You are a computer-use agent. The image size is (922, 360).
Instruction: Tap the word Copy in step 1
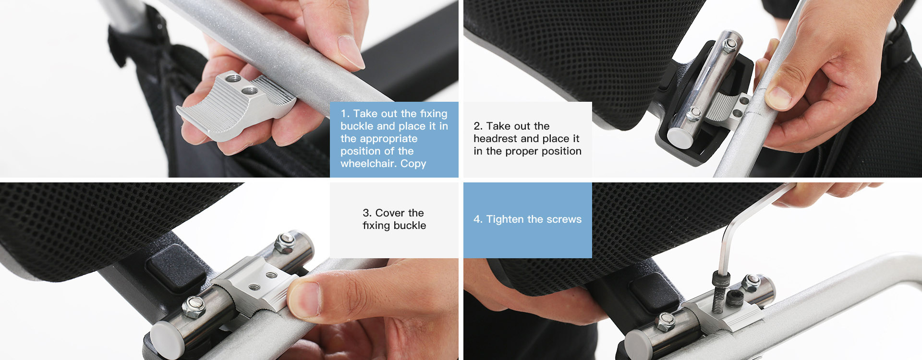[x=413, y=164]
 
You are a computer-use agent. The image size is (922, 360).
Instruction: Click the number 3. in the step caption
[x=367, y=213]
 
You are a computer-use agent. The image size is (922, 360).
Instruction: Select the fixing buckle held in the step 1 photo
[x=235, y=108]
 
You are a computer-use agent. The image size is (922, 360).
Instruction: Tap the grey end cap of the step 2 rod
[x=680, y=137]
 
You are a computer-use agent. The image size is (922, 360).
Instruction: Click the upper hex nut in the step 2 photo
[x=729, y=45]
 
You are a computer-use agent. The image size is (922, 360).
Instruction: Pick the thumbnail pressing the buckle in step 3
[x=303, y=298]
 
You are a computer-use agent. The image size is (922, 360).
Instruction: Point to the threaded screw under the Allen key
[x=719, y=295]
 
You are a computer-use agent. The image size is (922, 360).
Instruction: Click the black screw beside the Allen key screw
[x=734, y=300]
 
